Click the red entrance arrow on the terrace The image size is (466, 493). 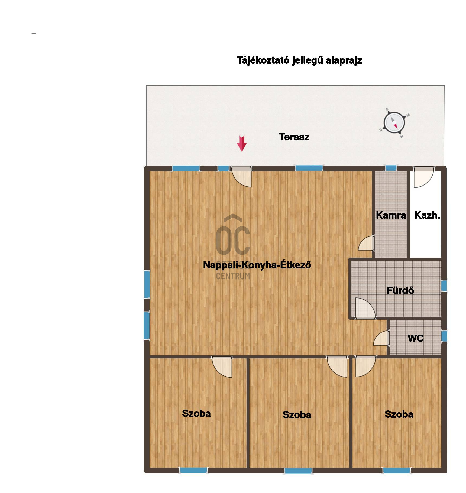pos(242,144)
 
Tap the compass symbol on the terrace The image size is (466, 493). pos(394,123)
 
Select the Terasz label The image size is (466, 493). pos(294,137)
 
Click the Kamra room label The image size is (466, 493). pos(391,215)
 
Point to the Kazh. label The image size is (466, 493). pos(427,215)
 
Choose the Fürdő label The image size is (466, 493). pos(400,290)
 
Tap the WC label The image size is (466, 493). pos(416,338)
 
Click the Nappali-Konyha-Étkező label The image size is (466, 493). pos(257,265)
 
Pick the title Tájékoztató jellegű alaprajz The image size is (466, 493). pos(299,60)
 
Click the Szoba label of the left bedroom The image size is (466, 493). pos(196,413)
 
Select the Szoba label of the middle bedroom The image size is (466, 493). pos(297,415)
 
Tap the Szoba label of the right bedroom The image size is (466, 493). pos(399,414)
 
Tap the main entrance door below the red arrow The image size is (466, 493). pos(241,177)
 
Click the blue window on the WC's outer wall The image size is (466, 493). pos(444,336)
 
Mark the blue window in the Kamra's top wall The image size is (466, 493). pos(391,168)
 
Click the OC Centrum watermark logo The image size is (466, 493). pos(233,247)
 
